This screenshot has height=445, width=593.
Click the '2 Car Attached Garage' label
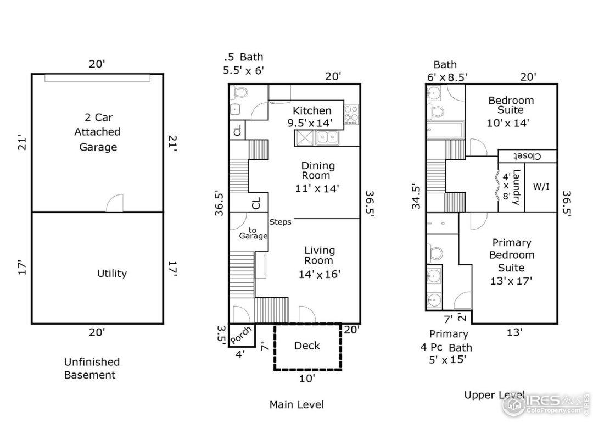pos(97,132)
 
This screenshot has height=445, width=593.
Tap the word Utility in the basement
pos(112,273)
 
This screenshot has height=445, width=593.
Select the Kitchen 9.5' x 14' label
pos(311,116)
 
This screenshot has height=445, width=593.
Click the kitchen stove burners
pos(351,115)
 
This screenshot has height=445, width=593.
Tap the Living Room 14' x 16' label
pos(320,262)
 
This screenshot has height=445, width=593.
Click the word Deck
pos(307,346)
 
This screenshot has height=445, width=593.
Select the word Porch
pos(240,335)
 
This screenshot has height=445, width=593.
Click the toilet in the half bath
pos(240,92)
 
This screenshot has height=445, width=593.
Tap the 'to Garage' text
pos(253,233)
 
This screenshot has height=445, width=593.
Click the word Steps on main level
pos(280,222)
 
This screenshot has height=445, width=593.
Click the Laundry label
pos(516,187)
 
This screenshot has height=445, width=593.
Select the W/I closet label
pos(541,187)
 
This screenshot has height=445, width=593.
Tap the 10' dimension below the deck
pos(307,378)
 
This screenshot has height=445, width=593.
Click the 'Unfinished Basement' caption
pos(92,369)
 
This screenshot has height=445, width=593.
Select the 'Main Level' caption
pos(296,404)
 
